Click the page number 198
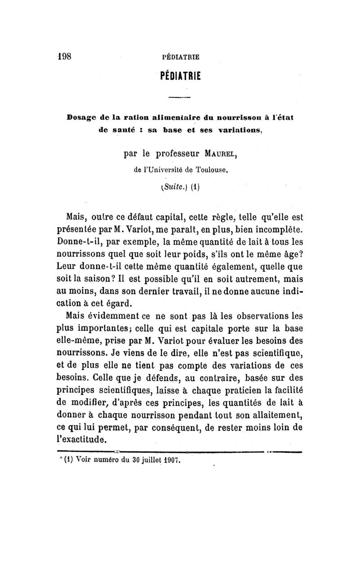click(x=65, y=57)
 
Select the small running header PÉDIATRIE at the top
click(x=180, y=58)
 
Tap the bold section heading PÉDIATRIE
click(x=180, y=74)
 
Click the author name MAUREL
click(x=217, y=155)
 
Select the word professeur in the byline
click(x=173, y=156)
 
